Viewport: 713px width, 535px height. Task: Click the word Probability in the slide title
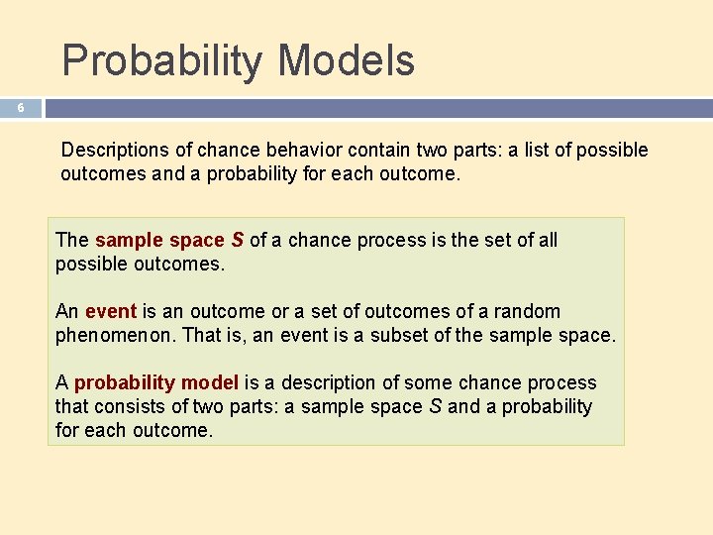coord(163,60)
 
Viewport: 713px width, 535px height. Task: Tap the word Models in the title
coord(346,60)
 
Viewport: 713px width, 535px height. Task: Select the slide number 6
coord(21,109)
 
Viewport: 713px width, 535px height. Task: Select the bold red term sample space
coord(159,240)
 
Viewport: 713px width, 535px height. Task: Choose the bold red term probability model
coord(156,382)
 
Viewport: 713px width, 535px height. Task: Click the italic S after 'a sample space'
coord(436,406)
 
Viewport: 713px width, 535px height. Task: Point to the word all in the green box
coord(546,240)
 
